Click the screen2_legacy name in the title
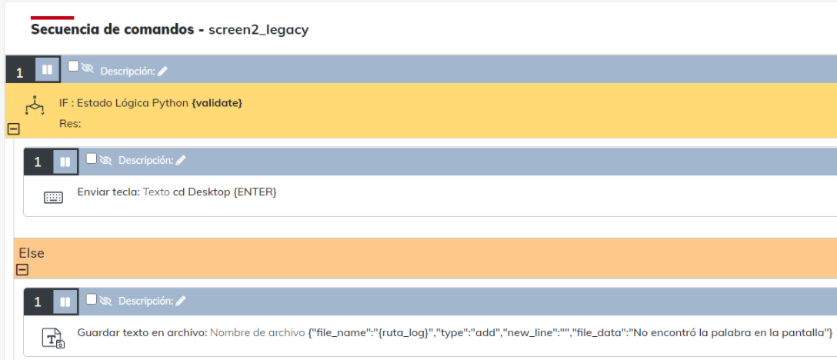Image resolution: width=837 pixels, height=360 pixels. (258, 30)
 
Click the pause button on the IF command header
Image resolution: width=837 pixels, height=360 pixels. (47, 70)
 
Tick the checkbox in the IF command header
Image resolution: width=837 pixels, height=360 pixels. (73, 66)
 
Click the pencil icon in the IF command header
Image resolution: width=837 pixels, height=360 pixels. (162, 72)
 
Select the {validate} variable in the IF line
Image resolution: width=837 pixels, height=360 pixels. (217, 102)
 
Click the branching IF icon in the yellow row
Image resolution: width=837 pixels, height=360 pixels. (35, 105)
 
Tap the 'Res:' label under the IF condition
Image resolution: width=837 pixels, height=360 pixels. (70, 123)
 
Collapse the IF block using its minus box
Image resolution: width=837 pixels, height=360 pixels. (12, 129)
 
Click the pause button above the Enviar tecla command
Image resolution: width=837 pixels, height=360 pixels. (65, 162)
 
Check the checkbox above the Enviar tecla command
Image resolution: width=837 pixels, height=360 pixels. (92, 158)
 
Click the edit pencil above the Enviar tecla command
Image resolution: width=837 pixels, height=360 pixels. (181, 161)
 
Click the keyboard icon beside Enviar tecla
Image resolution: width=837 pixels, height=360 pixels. (53, 198)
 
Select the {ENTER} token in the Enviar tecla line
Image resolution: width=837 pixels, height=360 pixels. (255, 192)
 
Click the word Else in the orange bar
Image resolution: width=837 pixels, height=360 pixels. (32, 253)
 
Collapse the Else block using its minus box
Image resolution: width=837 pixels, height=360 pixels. (22, 269)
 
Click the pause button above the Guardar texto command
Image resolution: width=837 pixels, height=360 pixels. (65, 302)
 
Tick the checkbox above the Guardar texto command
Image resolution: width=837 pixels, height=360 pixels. (92, 298)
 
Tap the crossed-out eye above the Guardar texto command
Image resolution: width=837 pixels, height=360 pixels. (106, 301)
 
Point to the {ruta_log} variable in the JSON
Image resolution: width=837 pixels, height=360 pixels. (407, 332)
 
